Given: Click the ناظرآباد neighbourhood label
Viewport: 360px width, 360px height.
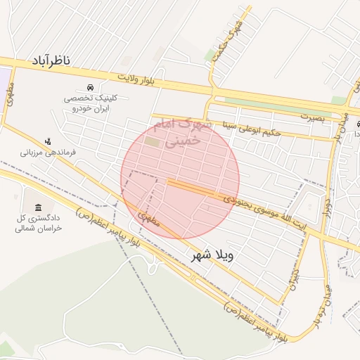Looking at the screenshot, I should click(x=60, y=62).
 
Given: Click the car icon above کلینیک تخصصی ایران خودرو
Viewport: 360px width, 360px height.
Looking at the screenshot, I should click(x=91, y=88).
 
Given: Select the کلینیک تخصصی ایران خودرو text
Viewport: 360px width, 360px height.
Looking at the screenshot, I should click(x=91, y=104).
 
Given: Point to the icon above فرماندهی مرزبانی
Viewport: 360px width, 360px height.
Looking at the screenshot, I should click(x=48, y=141).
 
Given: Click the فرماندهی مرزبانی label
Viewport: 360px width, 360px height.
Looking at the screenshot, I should click(x=48, y=151).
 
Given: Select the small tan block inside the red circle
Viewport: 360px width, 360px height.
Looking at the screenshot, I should click(x=153, y=142).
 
